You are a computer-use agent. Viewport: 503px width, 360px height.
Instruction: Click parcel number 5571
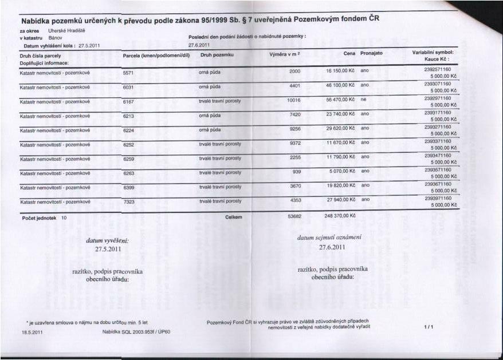(x=128, y=73)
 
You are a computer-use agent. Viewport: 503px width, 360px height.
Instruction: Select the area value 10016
(x=293, y=100)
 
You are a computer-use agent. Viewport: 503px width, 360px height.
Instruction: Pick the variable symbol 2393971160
(x=438, y=197)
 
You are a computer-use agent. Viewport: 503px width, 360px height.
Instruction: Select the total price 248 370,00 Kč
(x=340, y=216)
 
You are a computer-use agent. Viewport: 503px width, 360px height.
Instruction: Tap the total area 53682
(x=294, y=216)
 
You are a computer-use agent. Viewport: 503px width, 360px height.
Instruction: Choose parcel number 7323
(x=128, y=201)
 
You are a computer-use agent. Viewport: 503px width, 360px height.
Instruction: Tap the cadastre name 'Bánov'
(x=56, y=37)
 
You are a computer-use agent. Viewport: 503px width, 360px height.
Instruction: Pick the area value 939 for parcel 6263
(x=297, y=171)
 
